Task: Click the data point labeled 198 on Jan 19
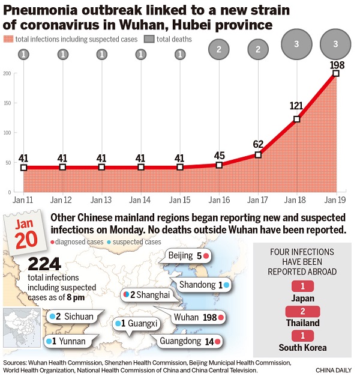(x=336, y=73)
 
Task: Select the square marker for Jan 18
(x=296, y=119)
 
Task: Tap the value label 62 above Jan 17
(x=258, y=144)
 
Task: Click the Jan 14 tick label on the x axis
(x=140, y=199)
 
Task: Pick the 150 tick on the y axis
(x=7, y=103)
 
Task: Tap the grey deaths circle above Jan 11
(x=23, y=54)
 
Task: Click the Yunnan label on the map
(x=68, y=342)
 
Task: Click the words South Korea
(x=302, y=347)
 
